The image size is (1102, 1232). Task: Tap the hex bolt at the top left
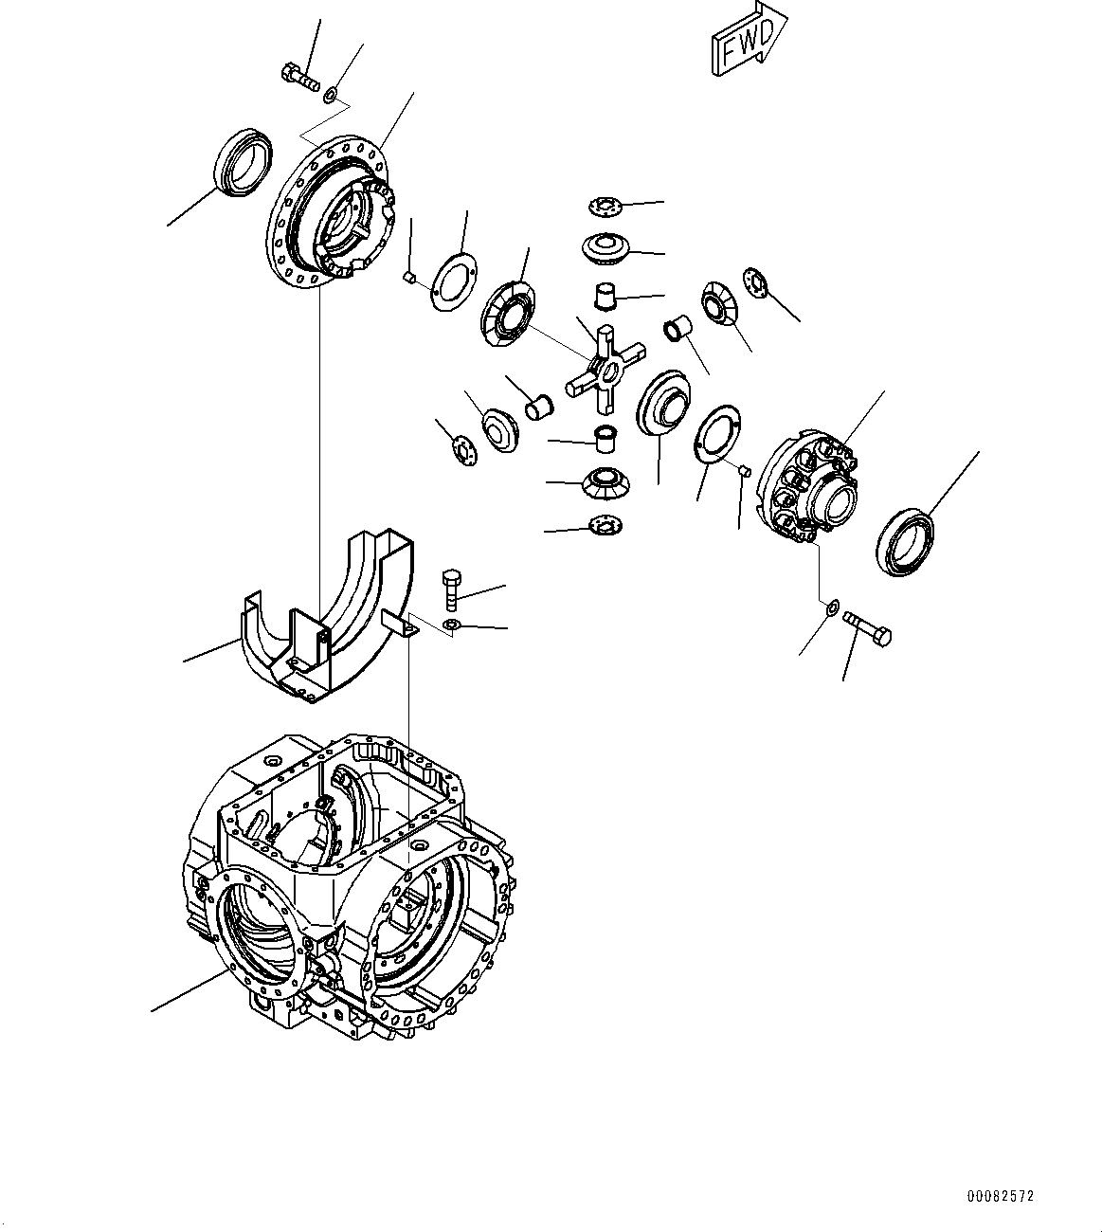(x=299, y=75)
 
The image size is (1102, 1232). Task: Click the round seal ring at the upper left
(x=244, y=166)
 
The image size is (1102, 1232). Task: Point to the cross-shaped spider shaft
(x=605, y=369)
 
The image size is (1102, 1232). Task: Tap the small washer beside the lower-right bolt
(x=831, y=607)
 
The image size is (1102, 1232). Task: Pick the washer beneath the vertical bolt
(x=452, y=625)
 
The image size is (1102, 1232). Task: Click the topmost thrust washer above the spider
(x=602, y=206)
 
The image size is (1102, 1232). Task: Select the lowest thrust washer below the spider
(x=604, y=523)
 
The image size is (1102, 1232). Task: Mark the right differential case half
(x=812, y=483)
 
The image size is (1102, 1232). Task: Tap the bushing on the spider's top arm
(x=605, y=296)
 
